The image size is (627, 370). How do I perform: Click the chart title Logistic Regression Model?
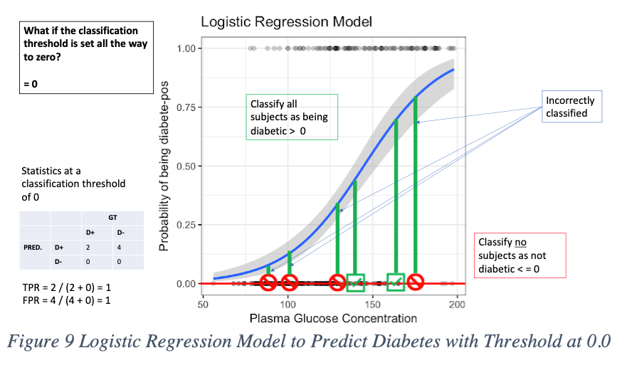coord(286,21)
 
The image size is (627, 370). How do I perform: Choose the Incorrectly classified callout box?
coord(569,107)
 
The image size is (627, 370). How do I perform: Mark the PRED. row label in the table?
coord(33,248)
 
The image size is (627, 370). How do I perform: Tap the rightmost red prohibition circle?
coord(415,283)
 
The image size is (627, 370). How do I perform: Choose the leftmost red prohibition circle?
coord(268,283)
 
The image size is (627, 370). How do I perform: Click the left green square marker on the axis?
coord(356,282)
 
